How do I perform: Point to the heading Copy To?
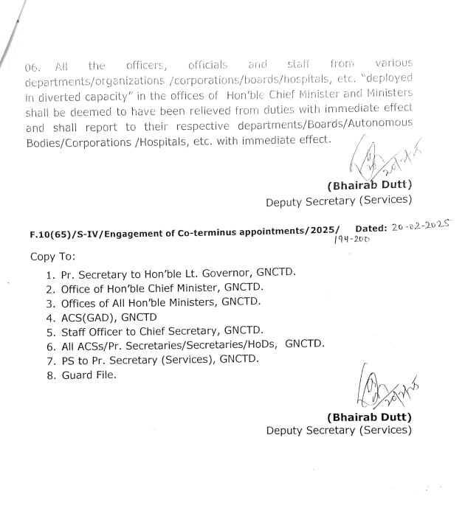[x=52, y=257]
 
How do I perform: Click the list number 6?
[x=50, y=345]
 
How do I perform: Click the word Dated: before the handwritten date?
[x=372, y=229]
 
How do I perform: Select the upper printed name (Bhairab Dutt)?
[x=368, y=185]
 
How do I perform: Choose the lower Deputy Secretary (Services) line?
[x=339, y=431]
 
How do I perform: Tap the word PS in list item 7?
[x=68, y=359]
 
